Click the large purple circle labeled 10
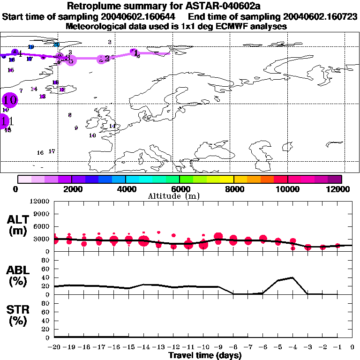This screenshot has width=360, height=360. pyautogui.click(x=9, y=100)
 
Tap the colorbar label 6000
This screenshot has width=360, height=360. pyautogui.click(x=180, y=189)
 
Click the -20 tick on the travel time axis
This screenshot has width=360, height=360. pyautogui.click(x=54, y=347)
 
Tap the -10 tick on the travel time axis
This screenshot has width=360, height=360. pyautogui.click(x=203, y=347)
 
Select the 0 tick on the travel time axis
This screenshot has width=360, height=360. pyautogui.click(x=352, y=347)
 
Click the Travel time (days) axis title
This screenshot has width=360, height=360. pyautogui.click(x=205, y=355)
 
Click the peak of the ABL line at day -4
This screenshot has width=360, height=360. pyautogui.click(x=292, y=277)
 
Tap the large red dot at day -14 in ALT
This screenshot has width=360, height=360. pyautogui.click(x=144, y=241)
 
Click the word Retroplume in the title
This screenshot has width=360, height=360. pyautogui.click(x=94, y=7)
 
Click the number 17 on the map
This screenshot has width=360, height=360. pyautogui.click(x=52, y=151)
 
